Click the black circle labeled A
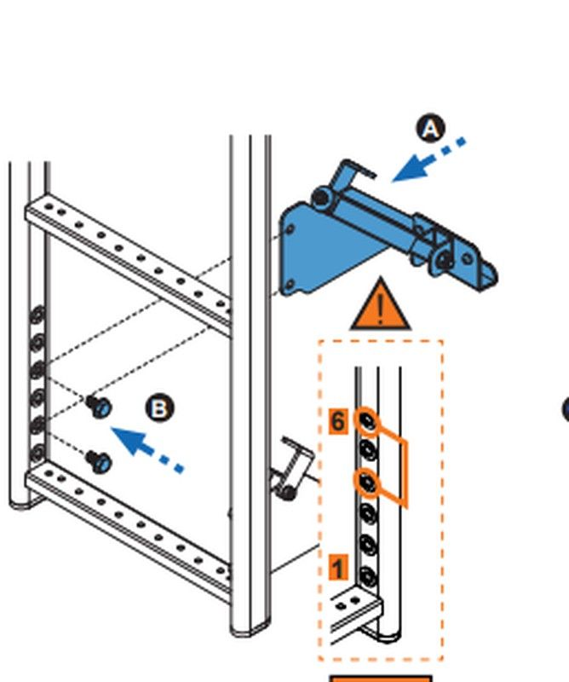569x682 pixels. click(x=430, y=130)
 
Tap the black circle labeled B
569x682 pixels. click(x=159, y=408)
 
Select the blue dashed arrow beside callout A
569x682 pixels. click(x=428, y=160)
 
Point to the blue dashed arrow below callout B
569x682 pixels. click(x=148, y=450)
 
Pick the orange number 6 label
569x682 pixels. click(x=338, y=421)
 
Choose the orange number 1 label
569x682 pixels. click(x=338, y=567)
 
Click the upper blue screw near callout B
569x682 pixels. click(x=100, y=407)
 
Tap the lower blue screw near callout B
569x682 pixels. click(x=100, y=462)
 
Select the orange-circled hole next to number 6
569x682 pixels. click(x=368, y=421)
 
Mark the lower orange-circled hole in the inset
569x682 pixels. click(x=368, y=483)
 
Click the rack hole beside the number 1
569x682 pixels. click(x=369, y=576)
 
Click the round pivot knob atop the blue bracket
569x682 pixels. click(x=323, y=199)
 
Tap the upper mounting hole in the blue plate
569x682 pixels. click(x=290, y=228)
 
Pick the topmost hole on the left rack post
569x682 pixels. click(x=38, y=314)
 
